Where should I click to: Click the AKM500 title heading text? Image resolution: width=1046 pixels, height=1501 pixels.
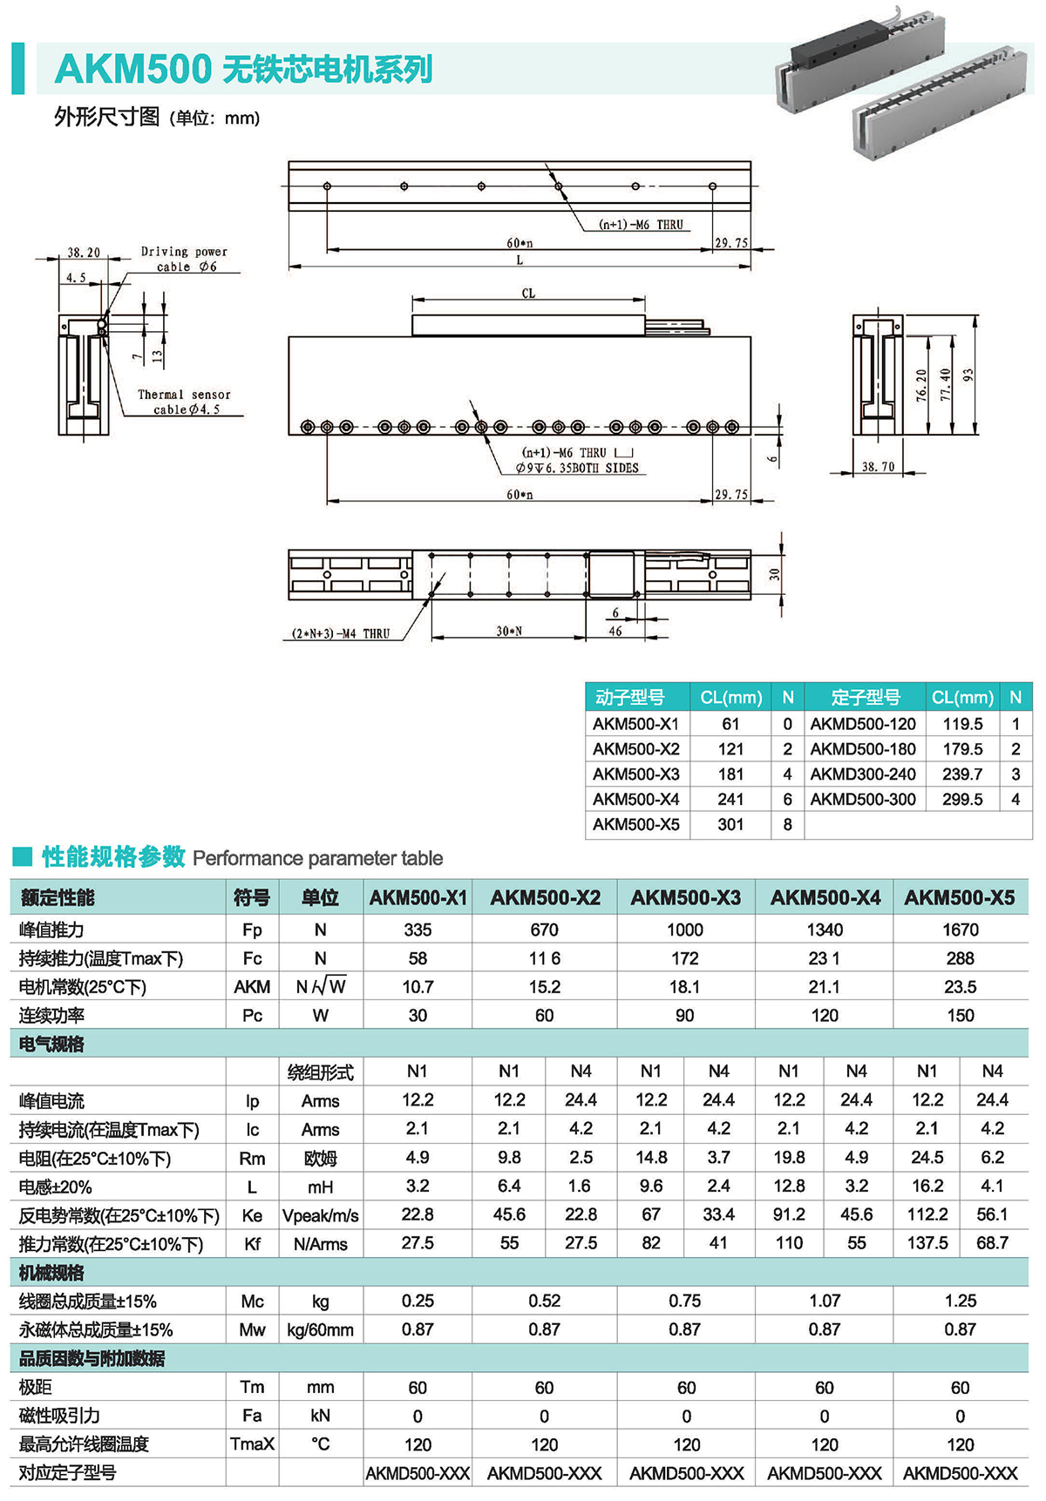point(242,70)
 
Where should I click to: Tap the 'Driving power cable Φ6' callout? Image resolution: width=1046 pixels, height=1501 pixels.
point(184,259)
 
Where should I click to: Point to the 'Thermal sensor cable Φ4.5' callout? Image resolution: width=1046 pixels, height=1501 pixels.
point(184,402)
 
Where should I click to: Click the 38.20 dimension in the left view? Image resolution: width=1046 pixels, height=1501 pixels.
point(84,253)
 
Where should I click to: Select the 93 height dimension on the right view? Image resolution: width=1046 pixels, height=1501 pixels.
point(968,375)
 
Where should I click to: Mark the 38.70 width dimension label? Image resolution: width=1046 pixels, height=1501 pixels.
point(878,467)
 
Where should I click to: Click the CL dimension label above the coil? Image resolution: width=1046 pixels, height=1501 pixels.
point(528,294)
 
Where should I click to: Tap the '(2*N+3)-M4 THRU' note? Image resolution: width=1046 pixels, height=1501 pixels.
point(341,633)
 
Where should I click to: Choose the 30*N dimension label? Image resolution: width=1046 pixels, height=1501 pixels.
point(509,631)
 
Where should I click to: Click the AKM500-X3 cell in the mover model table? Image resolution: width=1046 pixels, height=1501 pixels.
point(636,774)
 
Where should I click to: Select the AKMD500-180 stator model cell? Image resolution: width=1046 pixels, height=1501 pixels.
point(863,748)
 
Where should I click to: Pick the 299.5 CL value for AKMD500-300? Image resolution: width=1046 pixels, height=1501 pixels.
point(962,799)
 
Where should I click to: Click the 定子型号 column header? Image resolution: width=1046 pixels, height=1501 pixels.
point(865,697)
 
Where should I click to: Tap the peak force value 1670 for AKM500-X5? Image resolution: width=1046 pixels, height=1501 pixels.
point(960,930)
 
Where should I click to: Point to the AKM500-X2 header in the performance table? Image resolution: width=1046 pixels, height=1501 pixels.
point(545,898)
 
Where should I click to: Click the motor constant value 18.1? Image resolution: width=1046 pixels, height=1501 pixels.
point(684,987)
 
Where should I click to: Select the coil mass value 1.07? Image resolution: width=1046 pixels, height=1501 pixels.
point(824,1301)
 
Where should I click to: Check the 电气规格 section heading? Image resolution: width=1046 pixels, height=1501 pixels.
point(51,1044)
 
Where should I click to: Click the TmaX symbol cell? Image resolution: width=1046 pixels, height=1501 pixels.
point(252,1444)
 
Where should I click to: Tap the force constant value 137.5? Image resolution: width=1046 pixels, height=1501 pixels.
point(927,1243)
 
